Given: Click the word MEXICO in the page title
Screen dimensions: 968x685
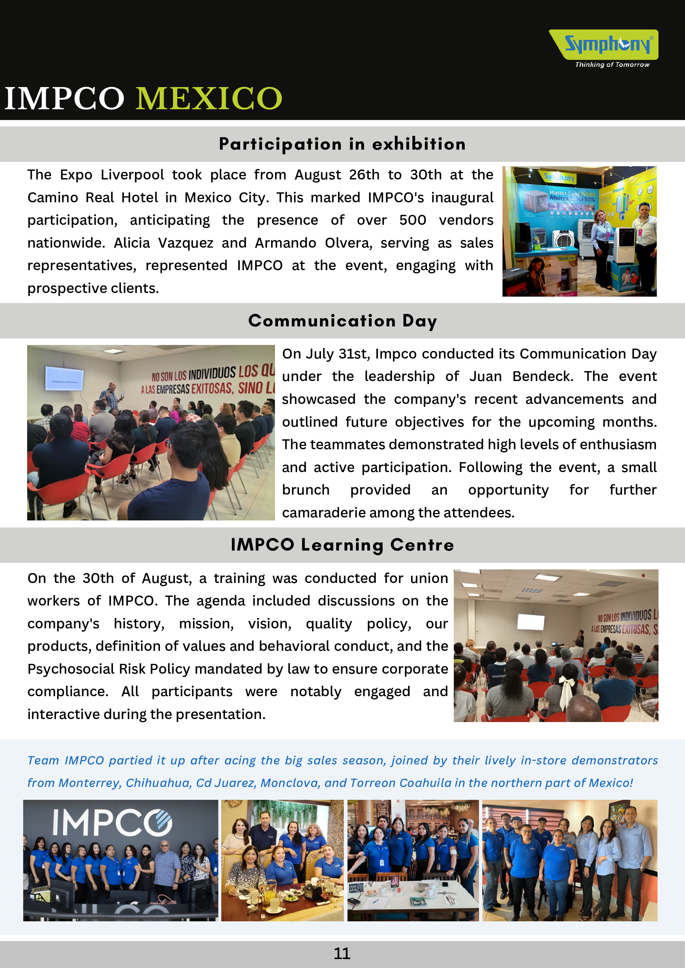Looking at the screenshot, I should [209, 98].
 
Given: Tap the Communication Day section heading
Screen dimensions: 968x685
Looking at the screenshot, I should [342, 321].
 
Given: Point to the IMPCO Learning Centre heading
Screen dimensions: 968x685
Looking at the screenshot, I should [342, 545].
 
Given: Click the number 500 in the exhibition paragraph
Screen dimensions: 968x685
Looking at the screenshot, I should [412, 220].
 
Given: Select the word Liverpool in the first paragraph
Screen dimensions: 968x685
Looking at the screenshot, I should [132, 174].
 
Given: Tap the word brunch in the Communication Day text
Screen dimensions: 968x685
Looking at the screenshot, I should [305, 490].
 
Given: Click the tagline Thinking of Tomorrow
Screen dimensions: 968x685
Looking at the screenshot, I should [612, 65].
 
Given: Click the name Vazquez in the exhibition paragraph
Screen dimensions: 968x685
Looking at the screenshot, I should [185, 243].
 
